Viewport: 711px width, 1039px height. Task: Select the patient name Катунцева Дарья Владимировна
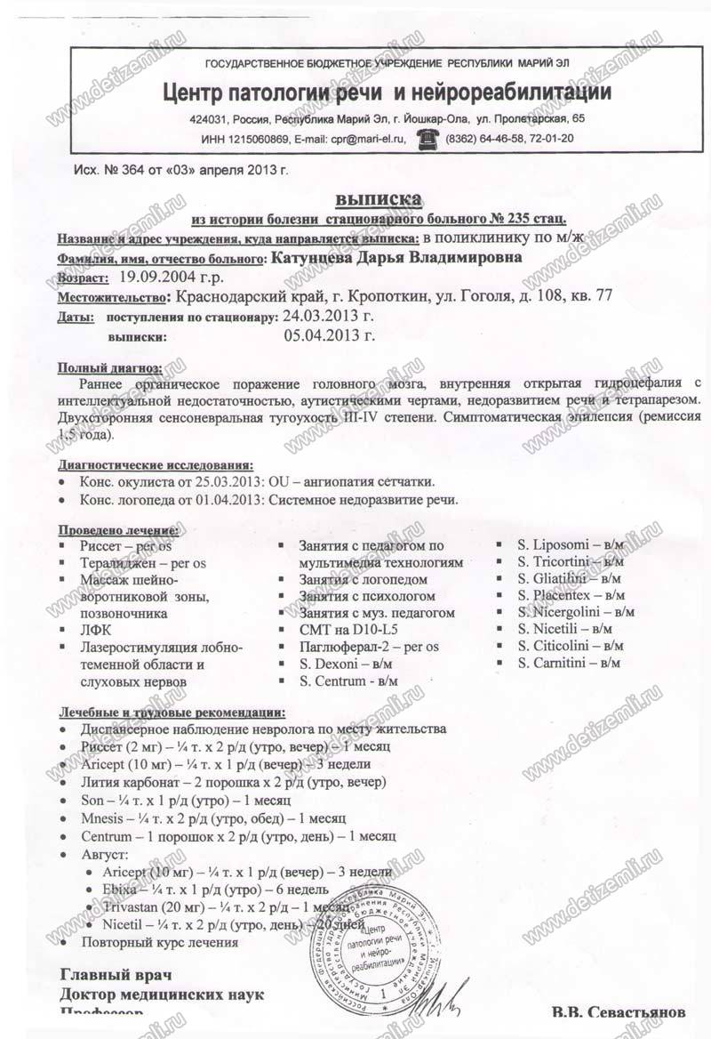pyautogui.click(x=395, y=258)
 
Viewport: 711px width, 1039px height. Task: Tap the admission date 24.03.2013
pyautogui.click(x=328, y=316)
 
